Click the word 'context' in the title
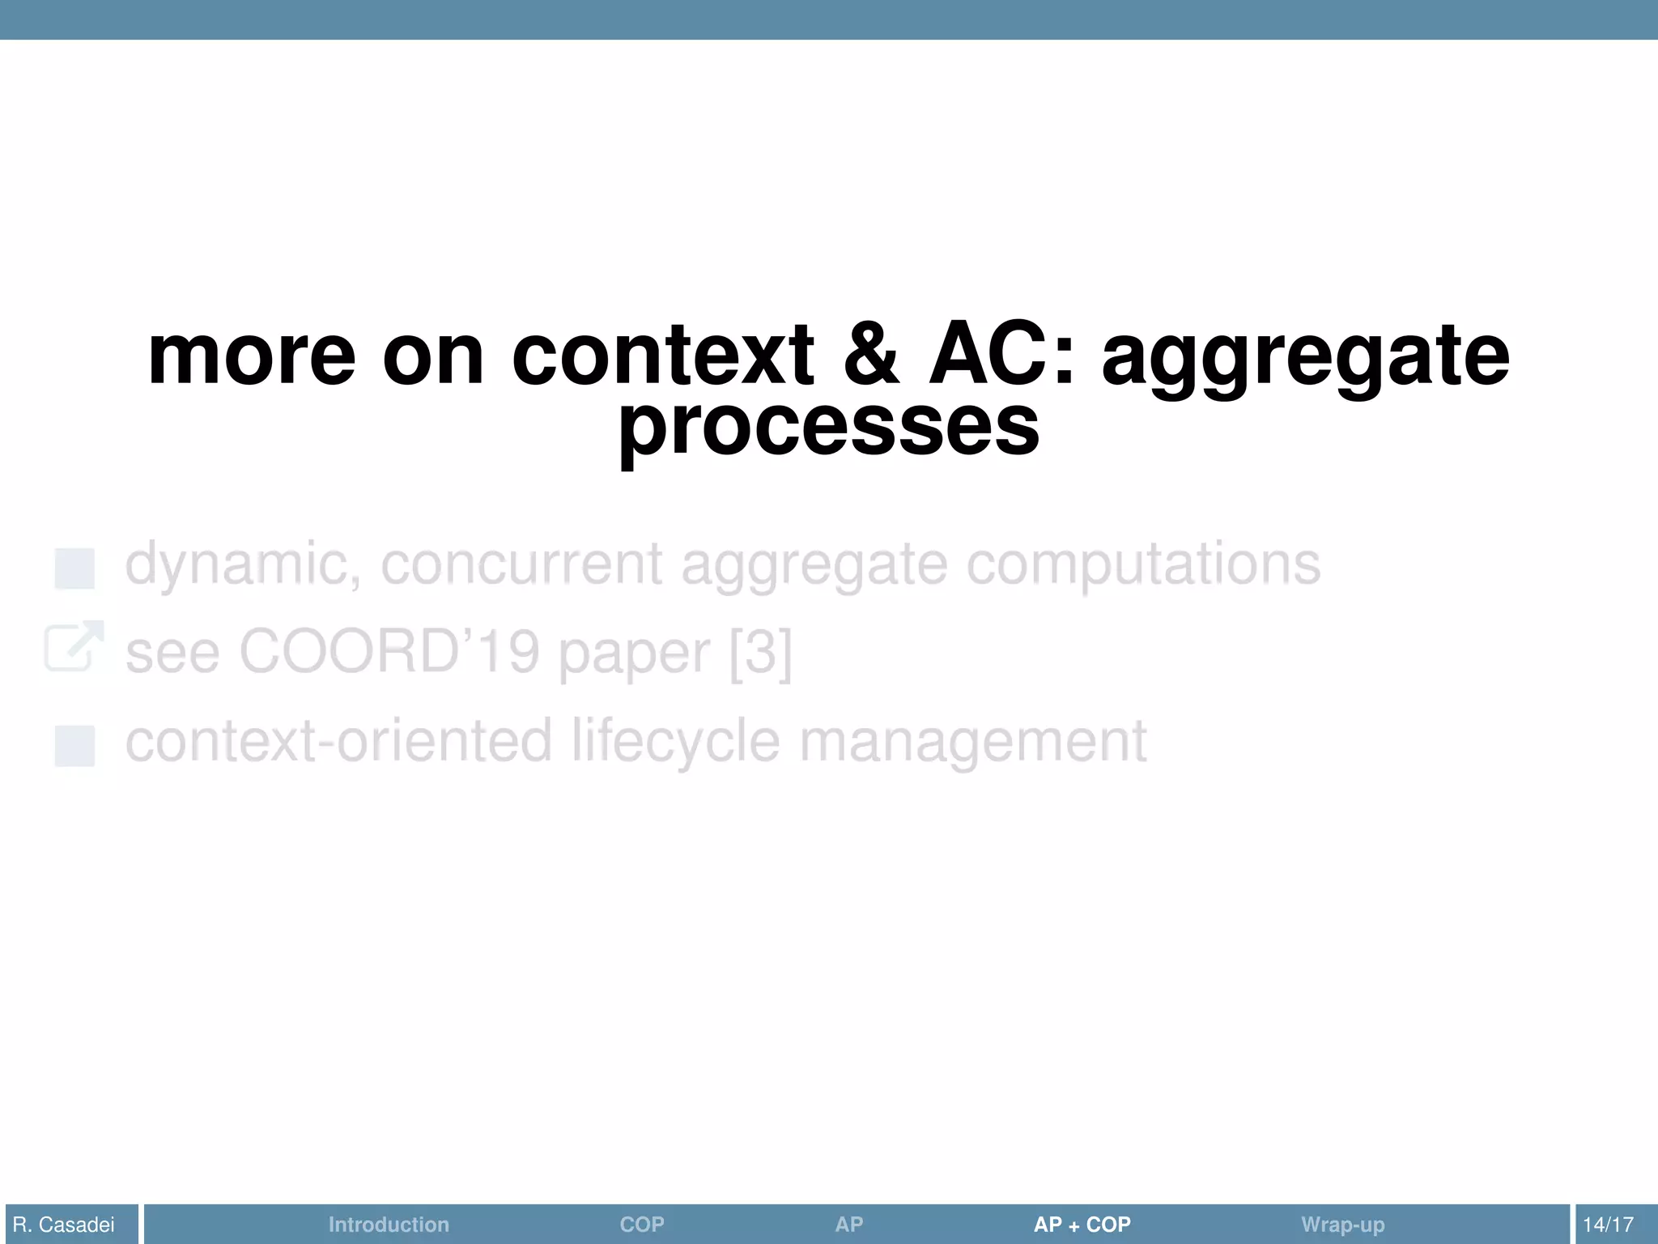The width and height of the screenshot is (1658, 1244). (662, 356)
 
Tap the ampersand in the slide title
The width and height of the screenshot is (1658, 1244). (871, 356)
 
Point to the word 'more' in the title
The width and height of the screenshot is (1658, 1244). (252, 356)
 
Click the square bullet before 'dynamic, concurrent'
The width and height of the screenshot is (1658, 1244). (74, 569)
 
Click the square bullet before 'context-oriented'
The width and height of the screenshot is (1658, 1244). (74, 746)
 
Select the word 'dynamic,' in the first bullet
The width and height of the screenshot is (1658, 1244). (243, 564)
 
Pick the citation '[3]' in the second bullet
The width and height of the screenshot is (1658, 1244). (760, 653)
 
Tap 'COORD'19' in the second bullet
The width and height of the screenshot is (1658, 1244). (389, 653)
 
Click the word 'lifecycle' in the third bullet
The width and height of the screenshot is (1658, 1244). (676, 741)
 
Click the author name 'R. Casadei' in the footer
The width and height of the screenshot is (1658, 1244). (64, 1225)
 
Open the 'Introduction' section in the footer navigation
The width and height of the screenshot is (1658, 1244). (389, 1225)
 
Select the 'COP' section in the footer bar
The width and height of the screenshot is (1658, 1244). (642, 1225)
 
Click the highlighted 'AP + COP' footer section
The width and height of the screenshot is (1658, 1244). (1082, 1225)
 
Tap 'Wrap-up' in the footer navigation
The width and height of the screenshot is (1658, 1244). (1342, 1225)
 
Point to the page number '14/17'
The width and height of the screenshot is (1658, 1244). (1608, 1225)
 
